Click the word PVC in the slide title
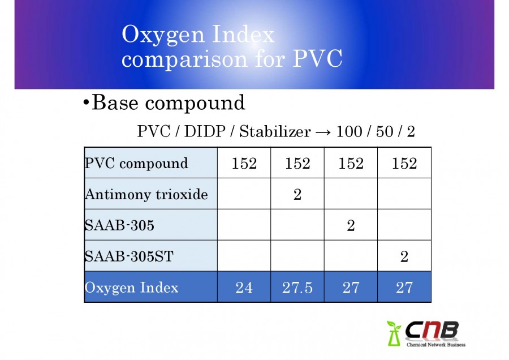317,59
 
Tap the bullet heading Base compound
164,103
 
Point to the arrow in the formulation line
323,132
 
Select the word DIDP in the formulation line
205,131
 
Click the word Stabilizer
275,131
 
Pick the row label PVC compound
136,163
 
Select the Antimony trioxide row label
146,194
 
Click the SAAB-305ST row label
129,256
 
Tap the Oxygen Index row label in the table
131,288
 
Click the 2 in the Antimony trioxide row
297,194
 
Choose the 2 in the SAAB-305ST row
404,256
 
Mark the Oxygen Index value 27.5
297,288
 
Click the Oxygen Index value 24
244,288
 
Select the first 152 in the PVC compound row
244,163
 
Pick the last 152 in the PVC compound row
404,163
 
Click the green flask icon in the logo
394,334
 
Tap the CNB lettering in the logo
432,331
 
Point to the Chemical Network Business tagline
436,344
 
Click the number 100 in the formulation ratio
349,131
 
